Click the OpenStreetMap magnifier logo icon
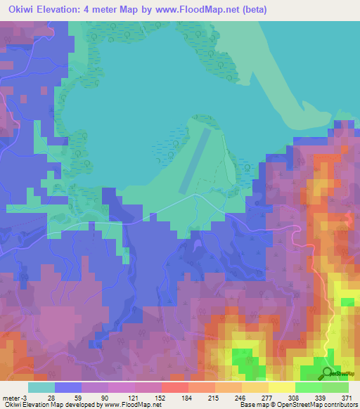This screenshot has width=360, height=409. [327, 372]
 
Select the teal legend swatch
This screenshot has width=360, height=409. [41, 387]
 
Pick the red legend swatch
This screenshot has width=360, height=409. [174, 387]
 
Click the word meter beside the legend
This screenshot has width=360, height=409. [11, 397]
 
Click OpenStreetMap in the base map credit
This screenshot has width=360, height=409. [293, 405]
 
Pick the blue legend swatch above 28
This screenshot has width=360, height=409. [67, 387]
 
